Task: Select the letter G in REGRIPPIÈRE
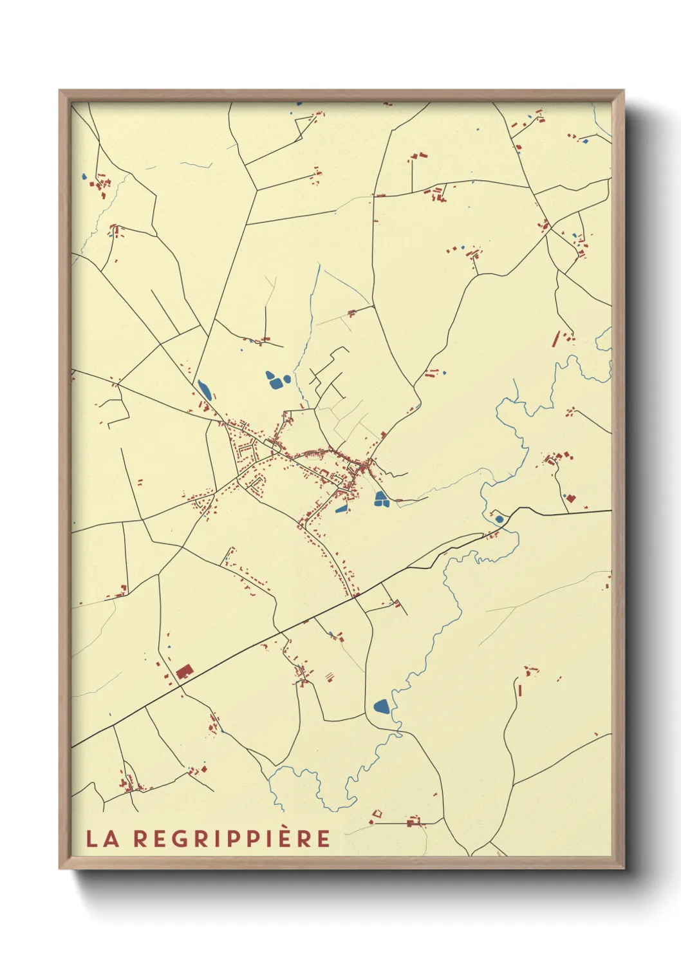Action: [175, 838]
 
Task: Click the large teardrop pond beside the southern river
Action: [381, 706]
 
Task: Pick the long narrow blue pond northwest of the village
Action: [205, 389]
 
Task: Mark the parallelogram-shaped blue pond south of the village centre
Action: [341, 509]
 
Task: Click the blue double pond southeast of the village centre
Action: [381, 498]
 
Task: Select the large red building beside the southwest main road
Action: [184, 671]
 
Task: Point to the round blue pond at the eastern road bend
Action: [499, 519]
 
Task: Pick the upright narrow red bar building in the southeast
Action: [520, 690]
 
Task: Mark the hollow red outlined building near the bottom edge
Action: [377, 815]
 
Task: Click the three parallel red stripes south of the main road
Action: [330, 676]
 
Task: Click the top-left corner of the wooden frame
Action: [60, 91]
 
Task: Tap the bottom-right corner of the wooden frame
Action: [624, 868]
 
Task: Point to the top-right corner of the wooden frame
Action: [624, 91]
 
